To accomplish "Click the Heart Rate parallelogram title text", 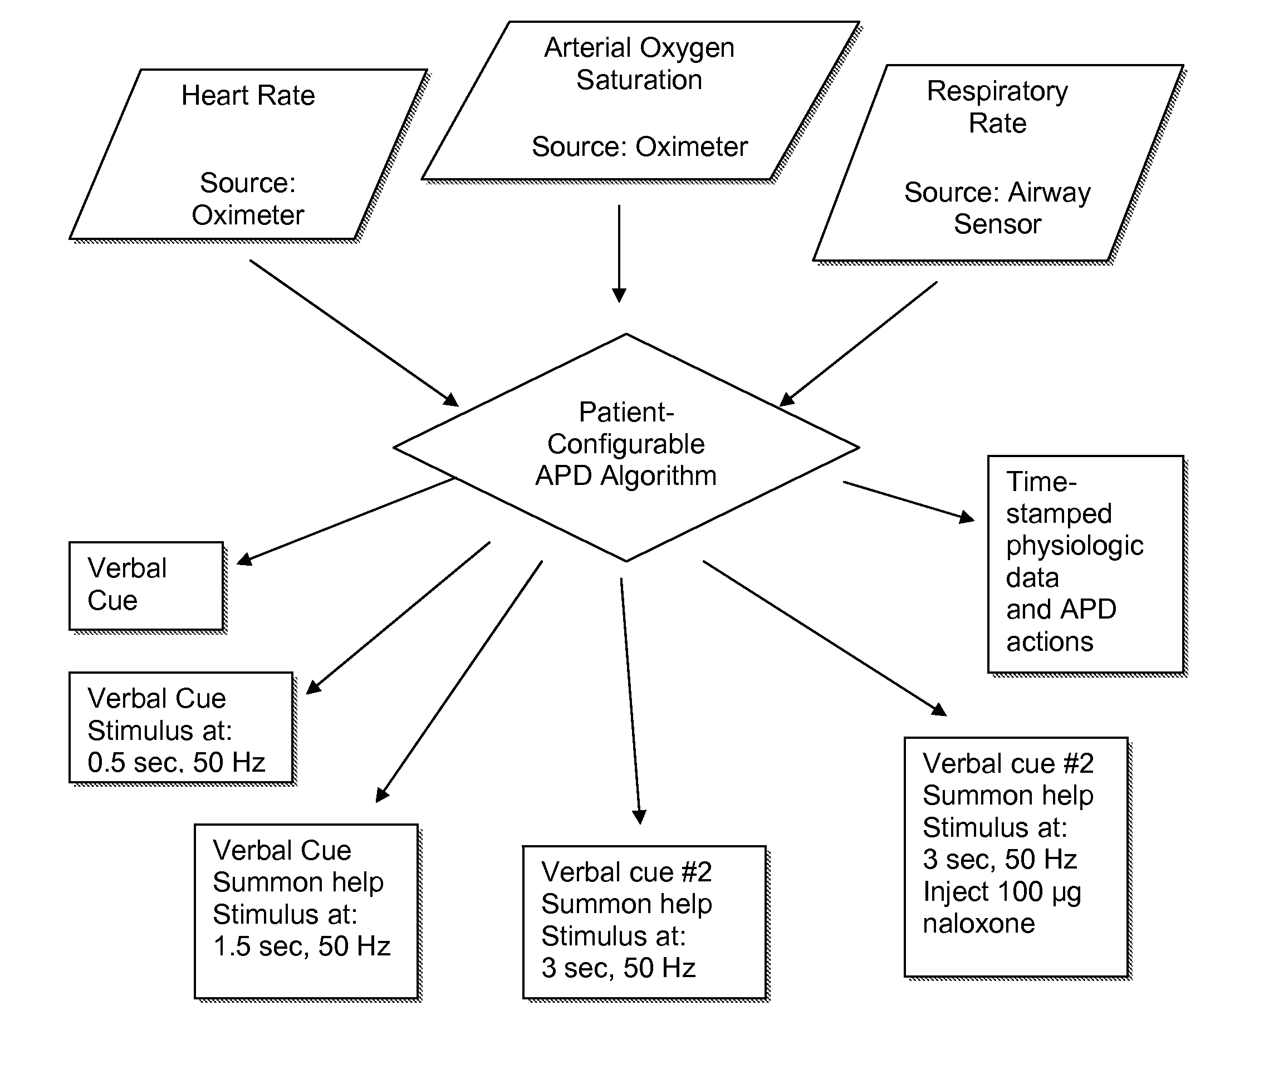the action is click(248, 96).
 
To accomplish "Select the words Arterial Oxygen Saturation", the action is click(639, 63).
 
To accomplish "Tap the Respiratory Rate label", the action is click(997, 107).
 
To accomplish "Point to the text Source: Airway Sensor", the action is click(997, 208).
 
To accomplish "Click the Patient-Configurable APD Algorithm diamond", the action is click(626, 447).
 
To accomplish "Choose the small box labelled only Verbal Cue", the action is click(146, 586).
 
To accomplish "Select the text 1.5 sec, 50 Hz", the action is click(301, 946).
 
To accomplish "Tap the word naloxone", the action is click(978, 924).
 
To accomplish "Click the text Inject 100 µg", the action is click(1002, 892).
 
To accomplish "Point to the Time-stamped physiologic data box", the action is click(1086, 564).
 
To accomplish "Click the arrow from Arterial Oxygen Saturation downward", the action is click(619, 254).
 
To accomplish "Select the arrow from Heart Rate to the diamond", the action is click(354, 333).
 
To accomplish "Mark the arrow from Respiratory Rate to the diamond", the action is click(858, 344).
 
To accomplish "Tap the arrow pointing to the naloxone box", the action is click(825, 638).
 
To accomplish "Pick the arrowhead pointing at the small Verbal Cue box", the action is click(244, 560).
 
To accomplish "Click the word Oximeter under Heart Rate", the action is click(248, 215).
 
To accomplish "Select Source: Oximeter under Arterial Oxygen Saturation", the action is click(639, 147).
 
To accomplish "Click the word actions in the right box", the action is click(1049, 642).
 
